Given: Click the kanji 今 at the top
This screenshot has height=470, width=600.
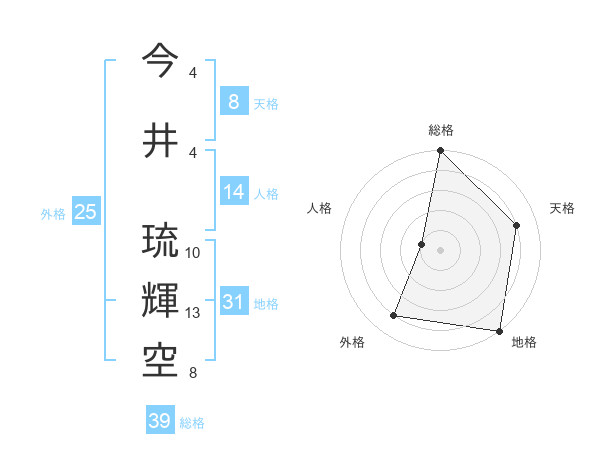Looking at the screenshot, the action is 161,61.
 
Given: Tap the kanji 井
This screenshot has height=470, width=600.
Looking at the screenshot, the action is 161,141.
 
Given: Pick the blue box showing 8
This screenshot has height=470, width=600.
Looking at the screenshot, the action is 233,102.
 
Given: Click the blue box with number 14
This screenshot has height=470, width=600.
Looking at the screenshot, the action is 233,192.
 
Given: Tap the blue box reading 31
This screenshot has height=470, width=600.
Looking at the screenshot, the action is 233,302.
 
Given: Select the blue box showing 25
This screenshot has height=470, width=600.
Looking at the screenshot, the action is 85,212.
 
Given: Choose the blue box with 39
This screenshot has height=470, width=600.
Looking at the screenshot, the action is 159,421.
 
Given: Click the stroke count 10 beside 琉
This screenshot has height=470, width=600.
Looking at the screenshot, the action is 193,253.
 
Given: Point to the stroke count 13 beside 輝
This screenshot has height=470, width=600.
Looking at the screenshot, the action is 193,313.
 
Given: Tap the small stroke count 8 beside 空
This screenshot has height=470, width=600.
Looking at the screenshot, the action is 192,373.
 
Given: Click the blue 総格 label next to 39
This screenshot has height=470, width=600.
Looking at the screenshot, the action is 192,423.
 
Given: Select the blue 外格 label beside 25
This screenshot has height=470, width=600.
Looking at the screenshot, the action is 53,214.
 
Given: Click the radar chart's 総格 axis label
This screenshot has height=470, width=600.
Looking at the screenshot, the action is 440,130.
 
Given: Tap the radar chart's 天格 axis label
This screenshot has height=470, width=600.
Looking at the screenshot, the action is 562,208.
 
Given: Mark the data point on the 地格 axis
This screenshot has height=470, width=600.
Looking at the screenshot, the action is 499,330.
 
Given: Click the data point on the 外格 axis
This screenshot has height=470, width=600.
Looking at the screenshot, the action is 394,316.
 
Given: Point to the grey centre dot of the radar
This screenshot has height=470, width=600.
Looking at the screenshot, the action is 440,250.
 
